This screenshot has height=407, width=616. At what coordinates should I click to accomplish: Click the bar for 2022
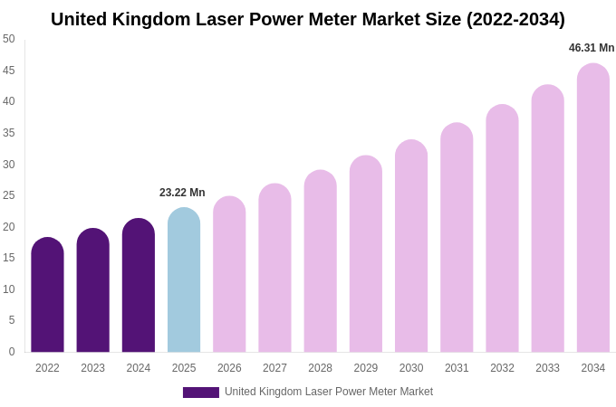(x=47, y=295)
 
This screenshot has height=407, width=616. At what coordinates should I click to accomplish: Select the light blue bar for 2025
(x=184, y=280)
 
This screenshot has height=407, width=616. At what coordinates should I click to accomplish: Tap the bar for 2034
(x=593, y=208)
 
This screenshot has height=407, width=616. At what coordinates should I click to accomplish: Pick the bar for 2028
(x=320, y=261)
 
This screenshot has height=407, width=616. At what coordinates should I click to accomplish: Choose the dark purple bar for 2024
(x=139, y=286)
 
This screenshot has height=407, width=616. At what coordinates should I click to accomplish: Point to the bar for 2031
(x=457, y=238)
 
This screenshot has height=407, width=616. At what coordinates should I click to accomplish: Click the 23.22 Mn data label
(x=182, y=193)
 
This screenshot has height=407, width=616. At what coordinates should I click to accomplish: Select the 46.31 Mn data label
(x=592, y=48)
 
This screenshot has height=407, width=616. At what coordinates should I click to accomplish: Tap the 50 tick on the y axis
(x=9, y=39)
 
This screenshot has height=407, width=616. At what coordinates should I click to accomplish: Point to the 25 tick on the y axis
(x=9, y=195)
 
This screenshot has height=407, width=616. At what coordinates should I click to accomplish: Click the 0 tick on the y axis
(x=12, y=352)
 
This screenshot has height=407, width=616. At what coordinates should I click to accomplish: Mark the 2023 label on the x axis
(x=92, y=368)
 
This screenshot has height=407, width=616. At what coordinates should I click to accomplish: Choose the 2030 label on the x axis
(x=411, y=368)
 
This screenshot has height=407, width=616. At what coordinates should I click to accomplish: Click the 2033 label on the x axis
(x=547, y=368)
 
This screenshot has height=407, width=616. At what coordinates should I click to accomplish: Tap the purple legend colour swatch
(x=201, y=393)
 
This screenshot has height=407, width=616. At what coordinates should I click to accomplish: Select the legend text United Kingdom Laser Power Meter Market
(x=329, y=392)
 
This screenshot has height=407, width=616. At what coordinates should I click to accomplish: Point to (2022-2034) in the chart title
(x=515, y=19)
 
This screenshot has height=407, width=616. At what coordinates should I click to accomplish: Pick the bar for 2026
(x=229, y=275)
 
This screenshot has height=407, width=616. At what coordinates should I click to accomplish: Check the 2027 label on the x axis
(x=274, y=368)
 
